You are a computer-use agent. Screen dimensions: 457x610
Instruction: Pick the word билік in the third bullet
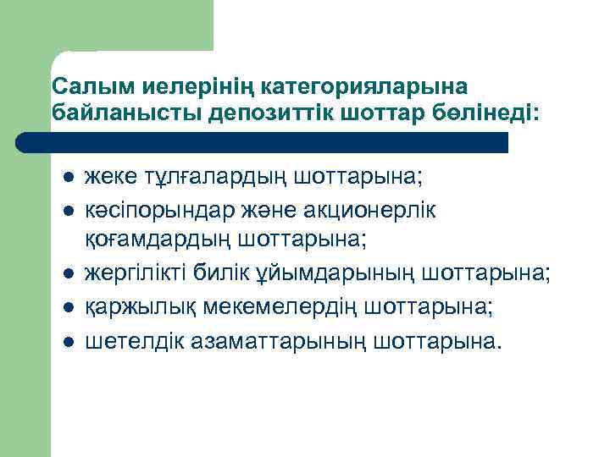pos(225,273)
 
